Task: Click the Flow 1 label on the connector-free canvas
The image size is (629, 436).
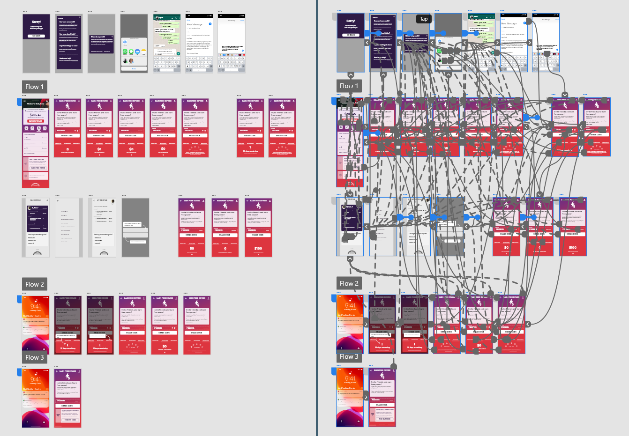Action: pyautogui.click(x=34, y=87)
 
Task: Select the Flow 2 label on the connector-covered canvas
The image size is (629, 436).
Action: pyautogui.click(x=349, y=283)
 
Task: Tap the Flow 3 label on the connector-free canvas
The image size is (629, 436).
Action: pyautogui.click(x=34, y=357)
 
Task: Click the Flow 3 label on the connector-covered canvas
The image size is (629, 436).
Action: pyautogui.click(x=349, y=356)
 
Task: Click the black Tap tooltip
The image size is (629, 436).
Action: pyautogui.click(x=423, y=19)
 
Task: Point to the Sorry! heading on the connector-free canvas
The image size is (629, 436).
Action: pyautogui.click(x=36, y=22)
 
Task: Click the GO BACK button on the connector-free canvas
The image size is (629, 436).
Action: pyautogui.click(x=36, y=36)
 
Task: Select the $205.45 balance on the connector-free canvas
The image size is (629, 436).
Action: pyautogui.click(x=36, y=115)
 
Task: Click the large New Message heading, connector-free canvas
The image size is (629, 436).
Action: pyautogui.click(x=195, y=24)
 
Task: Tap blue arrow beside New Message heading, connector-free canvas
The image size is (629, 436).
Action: pyautogui.click(x=210, y=24)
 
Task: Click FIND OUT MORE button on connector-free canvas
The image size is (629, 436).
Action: pyautogui.click(x=70, y=420)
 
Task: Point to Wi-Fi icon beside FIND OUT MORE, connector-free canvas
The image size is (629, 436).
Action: pyautogui.click(x=58, y=415)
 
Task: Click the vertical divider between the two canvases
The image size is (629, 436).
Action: pyautogui.click(x=317, y=218)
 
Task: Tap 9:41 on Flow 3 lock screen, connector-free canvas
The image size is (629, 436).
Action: pyautogui.click(x=36, y=379)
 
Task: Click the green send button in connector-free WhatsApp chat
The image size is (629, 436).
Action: pyautogui.click(x=179, y=54)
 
